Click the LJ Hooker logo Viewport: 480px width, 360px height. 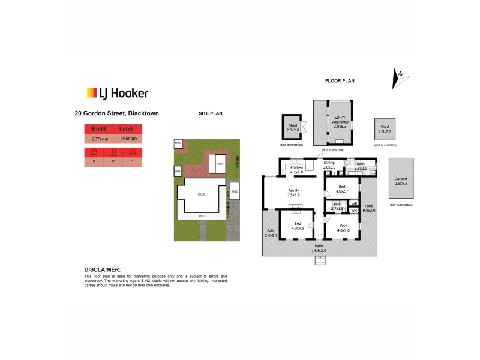pyautogui.click(x=118, y=93)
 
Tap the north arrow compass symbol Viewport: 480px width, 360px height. pyautogui.click(x=398, y=78)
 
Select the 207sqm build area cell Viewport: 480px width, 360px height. pyautogui.click(x=99, y=139)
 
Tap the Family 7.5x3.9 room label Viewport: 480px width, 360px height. pyautogui.click(x=293, y=193)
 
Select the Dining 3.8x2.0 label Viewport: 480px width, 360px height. pyautogui.click(x=329, y=165)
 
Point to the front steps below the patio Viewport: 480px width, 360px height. pyautogui.click(x=321, y=260)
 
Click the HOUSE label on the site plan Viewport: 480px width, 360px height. pyautogui.click(x=201, y=194)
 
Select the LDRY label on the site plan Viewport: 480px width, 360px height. pyautogui.click(x=220, y=164)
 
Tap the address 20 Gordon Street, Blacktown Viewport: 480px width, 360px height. pyautogui.click(x=116, y=112)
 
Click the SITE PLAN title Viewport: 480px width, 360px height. pyautogui.click(x=211, y=112)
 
